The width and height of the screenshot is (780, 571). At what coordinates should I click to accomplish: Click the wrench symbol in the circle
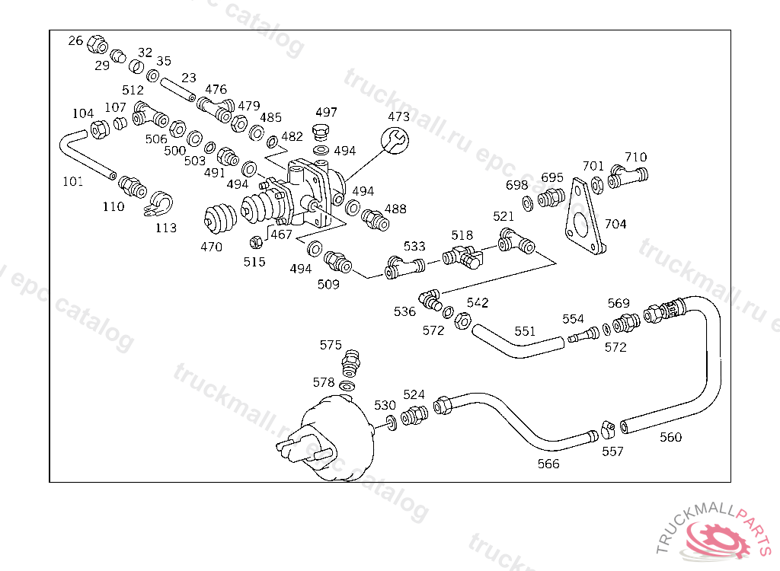tap(395, 140)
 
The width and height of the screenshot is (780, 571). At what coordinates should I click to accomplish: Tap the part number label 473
tap(398, 116)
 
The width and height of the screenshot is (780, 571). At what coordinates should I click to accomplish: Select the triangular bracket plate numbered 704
tap(586, 217)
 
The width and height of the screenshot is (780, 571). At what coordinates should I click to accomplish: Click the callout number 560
tap(670, 437)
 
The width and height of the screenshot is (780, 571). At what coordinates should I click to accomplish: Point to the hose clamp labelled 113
tap(158, 204)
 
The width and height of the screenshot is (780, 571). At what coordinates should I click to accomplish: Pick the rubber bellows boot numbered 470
tap(220, 219)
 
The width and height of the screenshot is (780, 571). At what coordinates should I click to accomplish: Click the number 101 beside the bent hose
tap(72, 181)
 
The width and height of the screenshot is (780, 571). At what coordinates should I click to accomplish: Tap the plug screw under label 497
tap(321, 132)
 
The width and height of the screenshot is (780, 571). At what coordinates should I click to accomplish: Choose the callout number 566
tap(548, 464)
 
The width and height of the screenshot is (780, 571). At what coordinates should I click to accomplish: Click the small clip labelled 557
tap(608, 429)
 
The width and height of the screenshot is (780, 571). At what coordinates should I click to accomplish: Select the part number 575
tap(331, 345)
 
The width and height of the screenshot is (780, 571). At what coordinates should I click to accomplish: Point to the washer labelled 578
tap(347, 385)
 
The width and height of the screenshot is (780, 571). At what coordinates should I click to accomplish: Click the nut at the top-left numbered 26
tap(97, 44)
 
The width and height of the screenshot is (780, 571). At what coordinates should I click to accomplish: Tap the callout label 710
tap(636, 157)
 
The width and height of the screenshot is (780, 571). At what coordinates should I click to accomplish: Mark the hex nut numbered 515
tap(256, 242)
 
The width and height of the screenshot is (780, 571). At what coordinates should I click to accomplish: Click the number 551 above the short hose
tap(525, 331)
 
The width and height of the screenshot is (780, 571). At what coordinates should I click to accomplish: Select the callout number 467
tap(281, 234)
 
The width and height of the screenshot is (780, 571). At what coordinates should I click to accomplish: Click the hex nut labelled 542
tap(463, 321)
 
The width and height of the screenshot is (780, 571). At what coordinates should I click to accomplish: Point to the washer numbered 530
tap(392, 423)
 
